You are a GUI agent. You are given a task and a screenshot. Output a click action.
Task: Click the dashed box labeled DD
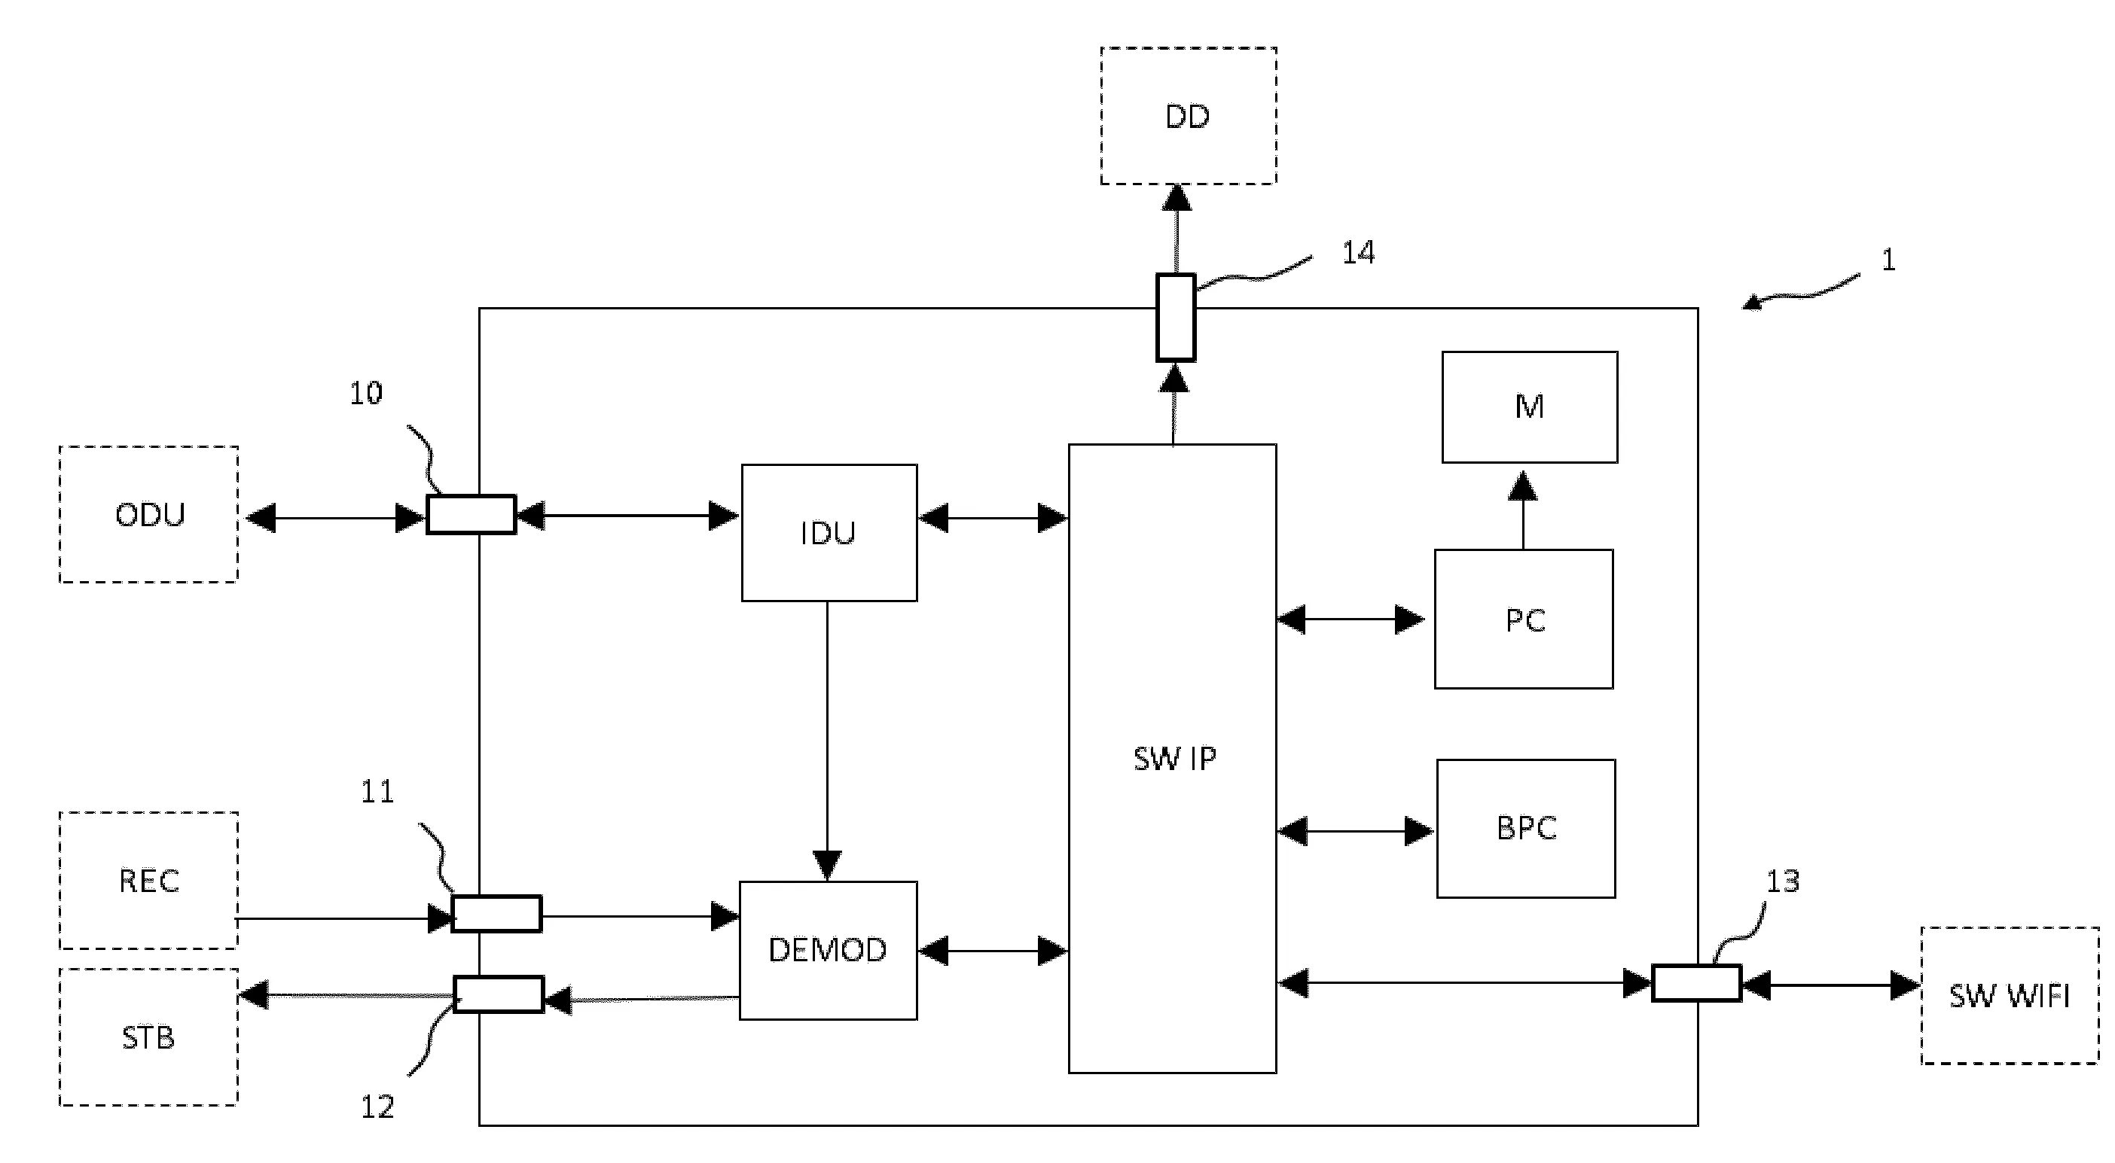1187,116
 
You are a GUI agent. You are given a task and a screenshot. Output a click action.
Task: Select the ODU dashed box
148,515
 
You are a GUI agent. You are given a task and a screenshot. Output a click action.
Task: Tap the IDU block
829,533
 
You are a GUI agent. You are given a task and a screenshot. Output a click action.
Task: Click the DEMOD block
828,950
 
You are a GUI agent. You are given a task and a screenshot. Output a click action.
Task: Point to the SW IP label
1174,758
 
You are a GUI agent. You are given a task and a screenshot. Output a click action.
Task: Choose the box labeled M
1529,407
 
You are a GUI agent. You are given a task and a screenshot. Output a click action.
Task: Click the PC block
1523,619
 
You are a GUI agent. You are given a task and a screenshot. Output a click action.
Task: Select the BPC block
1525,827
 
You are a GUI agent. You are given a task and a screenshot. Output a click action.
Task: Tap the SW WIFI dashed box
2009,996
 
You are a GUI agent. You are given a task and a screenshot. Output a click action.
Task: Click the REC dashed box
148,880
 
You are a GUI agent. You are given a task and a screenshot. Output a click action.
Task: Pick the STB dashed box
148,1037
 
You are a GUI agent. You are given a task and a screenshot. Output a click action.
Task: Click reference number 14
1358,252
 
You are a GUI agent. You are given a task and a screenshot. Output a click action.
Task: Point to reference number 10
366,393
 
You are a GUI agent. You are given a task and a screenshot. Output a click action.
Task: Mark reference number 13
1783,881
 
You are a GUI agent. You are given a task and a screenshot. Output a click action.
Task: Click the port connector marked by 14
1175,318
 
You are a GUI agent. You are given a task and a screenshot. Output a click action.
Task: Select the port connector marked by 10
471,515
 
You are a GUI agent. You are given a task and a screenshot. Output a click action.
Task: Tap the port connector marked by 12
499,994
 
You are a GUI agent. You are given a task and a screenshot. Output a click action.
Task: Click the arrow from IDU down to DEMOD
827,738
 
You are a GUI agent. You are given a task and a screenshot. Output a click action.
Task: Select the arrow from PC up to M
1523,509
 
